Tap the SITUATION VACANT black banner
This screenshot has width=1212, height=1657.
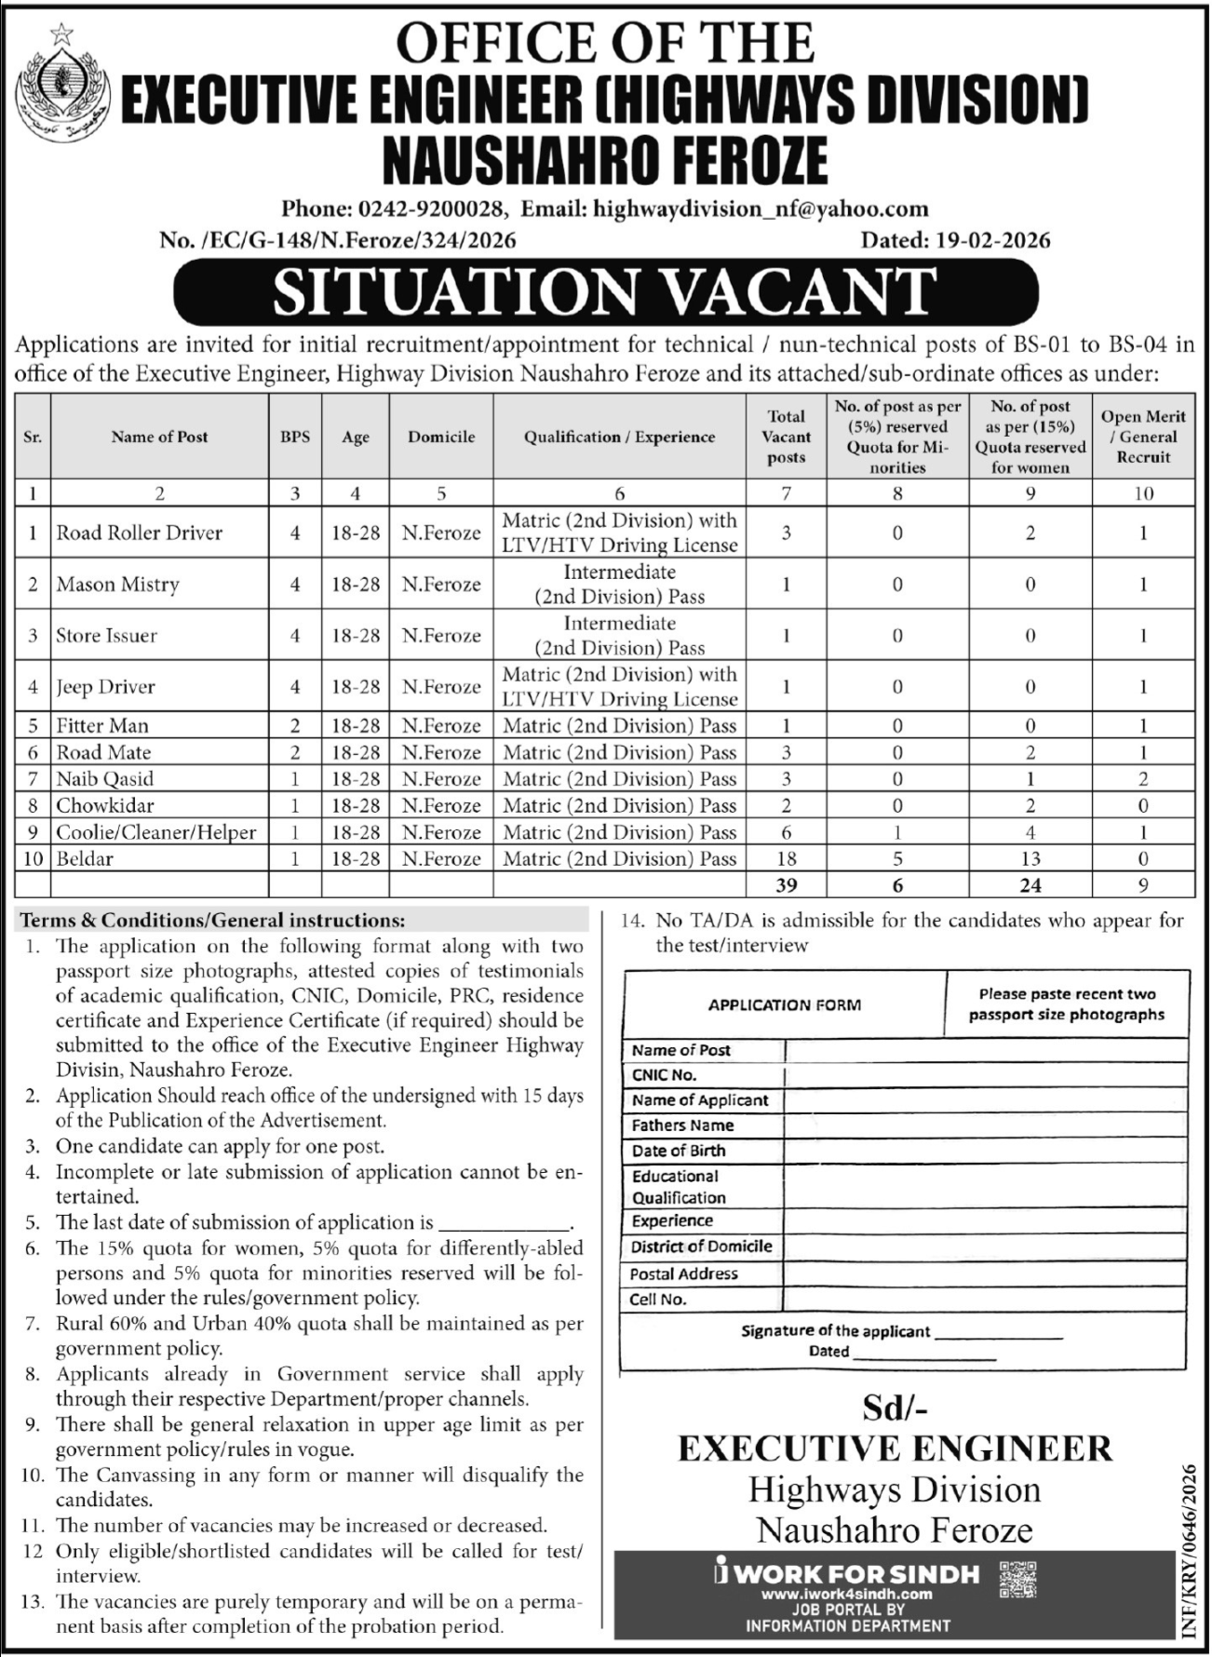pos(605,290)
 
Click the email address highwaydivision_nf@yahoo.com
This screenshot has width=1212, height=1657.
pos(760,209)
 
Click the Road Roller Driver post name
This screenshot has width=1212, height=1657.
pos(140,533)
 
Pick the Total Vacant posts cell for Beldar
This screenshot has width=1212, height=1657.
pos(786,859)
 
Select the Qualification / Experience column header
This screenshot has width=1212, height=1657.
pos(619,437)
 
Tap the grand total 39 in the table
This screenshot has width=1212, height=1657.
pos(786,885)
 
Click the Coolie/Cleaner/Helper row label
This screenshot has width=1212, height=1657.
pos(155,833)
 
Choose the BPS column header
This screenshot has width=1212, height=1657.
pos(295,437)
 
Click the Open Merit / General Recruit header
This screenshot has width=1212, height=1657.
pos(1143,437)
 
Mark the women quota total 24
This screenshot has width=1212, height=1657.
pos(1030,885)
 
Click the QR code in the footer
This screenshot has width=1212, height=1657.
pos(1017,1581)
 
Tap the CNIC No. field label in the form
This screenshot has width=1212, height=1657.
pos(664,1075)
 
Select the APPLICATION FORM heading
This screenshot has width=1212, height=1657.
pos(784,1005)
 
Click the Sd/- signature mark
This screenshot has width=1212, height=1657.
pos(895,1409)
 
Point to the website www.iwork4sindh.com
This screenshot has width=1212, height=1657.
pos(846,1595)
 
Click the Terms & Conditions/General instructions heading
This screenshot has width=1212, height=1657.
pos(213,921)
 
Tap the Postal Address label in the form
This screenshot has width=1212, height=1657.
pos(683,1273)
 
